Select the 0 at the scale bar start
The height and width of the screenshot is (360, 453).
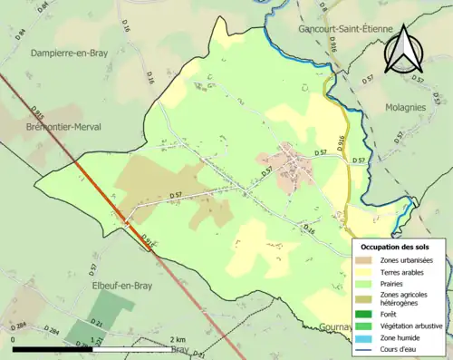(x=14, y=339)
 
